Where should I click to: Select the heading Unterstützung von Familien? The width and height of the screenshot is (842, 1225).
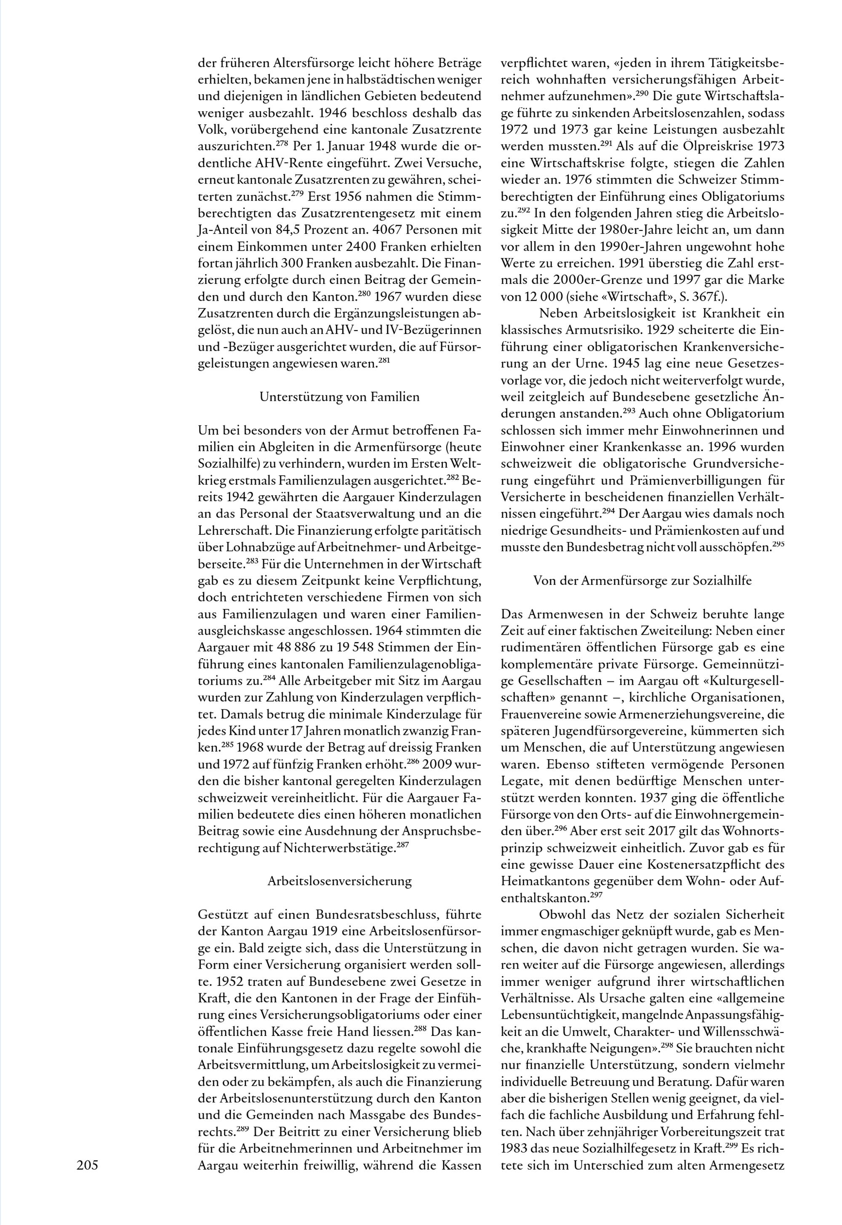(340, 397)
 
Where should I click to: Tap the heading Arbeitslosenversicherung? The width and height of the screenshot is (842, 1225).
(340, 881)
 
